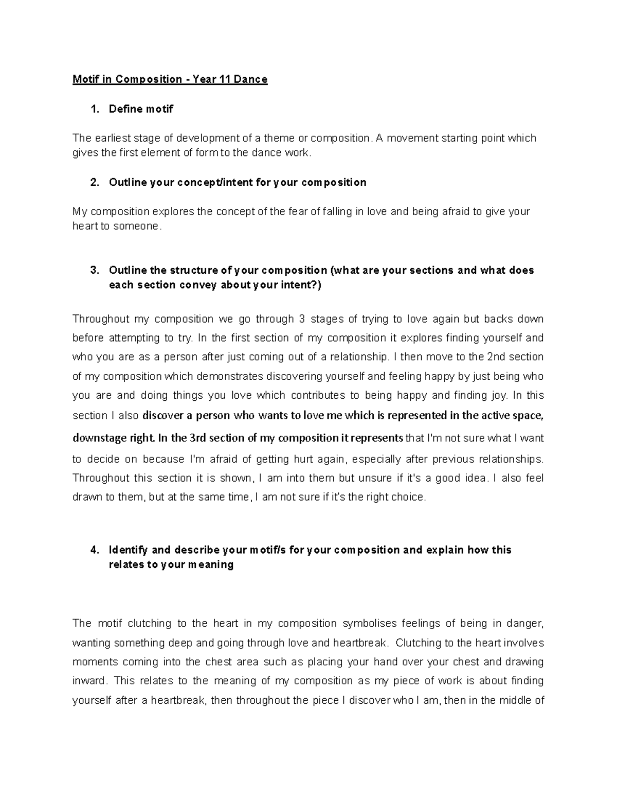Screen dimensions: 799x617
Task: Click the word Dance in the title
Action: [x=250, y=79]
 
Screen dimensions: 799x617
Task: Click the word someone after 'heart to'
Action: [x=137, y=226]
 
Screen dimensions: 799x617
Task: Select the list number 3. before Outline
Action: [x=94, y=270]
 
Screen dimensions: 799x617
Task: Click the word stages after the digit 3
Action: [x=328, y=319]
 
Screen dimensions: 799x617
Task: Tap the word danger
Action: [x=525, y=623]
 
